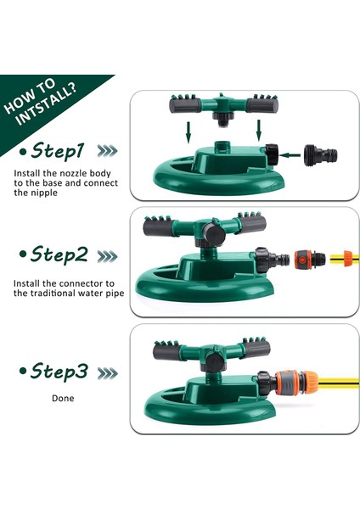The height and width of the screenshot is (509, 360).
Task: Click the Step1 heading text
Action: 58,151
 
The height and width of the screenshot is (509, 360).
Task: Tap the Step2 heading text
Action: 59,255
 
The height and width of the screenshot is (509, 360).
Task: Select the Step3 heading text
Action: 59,371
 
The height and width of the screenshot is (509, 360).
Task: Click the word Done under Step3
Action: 63,398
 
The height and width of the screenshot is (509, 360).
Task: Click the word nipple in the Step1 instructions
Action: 43,193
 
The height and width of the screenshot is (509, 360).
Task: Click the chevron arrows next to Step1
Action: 107,151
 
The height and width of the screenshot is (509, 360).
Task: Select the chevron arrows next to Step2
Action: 107,256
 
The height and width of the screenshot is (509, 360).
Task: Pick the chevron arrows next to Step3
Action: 107,373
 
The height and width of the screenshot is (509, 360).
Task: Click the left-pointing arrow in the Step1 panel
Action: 290,155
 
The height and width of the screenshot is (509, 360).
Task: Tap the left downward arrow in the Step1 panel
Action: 188,131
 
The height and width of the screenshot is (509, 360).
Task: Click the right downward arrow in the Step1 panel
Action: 259,131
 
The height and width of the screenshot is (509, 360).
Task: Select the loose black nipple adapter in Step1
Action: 320,155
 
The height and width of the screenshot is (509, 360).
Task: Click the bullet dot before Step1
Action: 22,151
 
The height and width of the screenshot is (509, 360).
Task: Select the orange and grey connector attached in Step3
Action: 296,383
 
